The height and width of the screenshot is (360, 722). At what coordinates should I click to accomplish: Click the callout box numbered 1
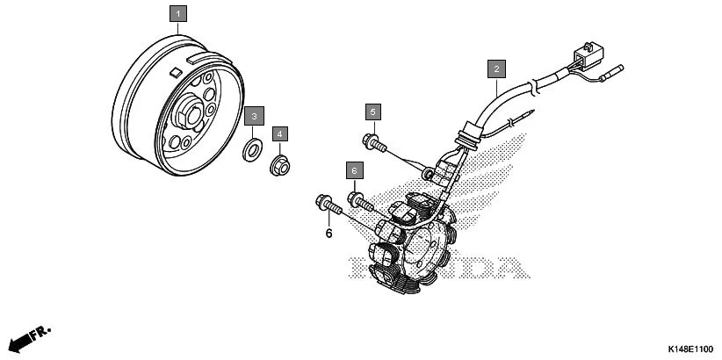click(x=178, y=13)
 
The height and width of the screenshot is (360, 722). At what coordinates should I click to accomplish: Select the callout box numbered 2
click(x=496, y=68)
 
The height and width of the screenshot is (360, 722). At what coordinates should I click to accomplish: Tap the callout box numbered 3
click(x=254, y=116)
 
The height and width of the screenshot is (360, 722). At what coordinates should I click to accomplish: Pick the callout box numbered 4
click(x=279, y=133)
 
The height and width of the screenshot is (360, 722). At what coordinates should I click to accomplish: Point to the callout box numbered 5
click(x=373, y=112)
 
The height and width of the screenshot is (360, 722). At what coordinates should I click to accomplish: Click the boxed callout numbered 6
click(x=354, y=169)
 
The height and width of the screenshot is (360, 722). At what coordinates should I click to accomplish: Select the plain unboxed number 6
click(x=329, y=234)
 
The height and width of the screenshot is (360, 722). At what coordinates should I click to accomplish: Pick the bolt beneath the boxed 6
click(x=361, y=200)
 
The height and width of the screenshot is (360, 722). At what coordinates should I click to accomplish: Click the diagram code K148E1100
click(x=683, y=349)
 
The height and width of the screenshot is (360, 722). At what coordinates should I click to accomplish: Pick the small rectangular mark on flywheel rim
click(x=177, y=68)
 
